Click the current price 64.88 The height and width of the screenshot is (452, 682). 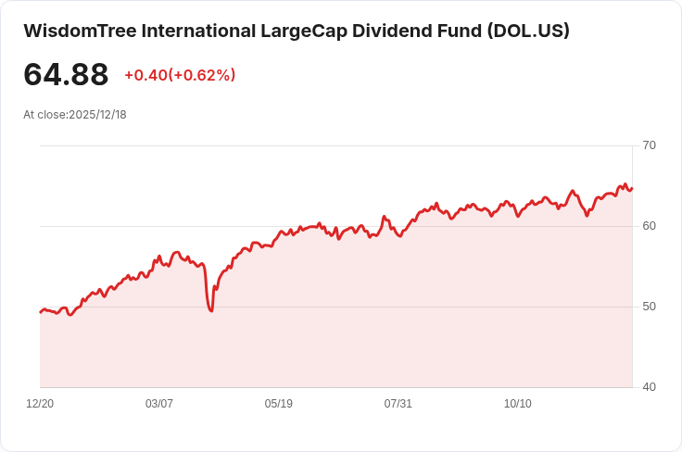coord(66,75)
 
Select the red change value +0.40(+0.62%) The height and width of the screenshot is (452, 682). coord(180,75)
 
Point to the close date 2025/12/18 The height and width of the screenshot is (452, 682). coord(97,115)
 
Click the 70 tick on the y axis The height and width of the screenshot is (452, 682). coord(649,145)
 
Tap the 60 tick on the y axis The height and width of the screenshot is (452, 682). coord(649,226)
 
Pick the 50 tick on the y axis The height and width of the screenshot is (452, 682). coord(649,307)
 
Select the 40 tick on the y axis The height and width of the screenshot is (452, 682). coord(649,387)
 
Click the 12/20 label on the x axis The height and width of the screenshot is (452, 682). coord(40,404)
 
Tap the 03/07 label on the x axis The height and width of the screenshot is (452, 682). coord(159,404)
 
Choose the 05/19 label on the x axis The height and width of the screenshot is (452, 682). coord(279,404)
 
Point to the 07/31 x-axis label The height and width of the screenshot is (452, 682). coord(398,404)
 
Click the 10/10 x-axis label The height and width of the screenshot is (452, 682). coord(517,404)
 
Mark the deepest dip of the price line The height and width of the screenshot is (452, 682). coord(211,310)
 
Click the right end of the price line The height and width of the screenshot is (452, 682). coord(631,189)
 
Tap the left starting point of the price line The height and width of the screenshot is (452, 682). coord(40,312)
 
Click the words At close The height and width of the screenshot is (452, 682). coord(44,115)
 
